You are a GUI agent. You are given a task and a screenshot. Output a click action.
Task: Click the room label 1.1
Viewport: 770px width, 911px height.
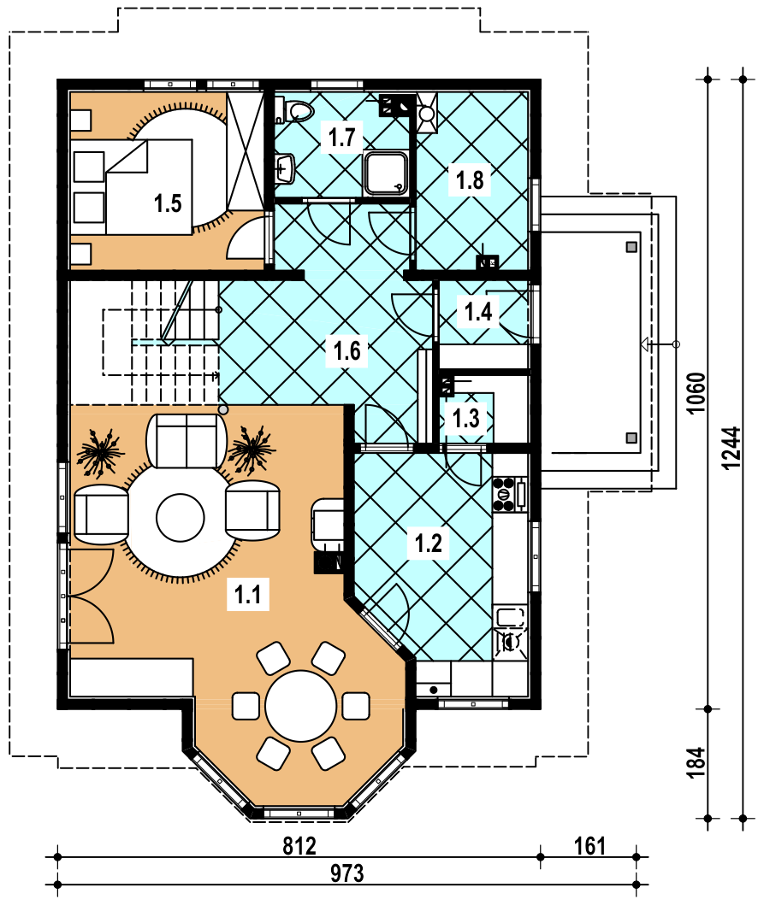coord(248,594)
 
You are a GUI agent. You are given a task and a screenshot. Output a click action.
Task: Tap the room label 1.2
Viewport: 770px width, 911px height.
coord(428,544)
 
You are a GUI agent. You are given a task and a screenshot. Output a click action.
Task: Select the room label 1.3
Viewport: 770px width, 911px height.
coord(465,418)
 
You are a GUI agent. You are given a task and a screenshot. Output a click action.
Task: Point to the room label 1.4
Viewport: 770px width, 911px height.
coord(478,312)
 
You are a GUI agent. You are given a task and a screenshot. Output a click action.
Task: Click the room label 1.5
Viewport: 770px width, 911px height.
coord(168,203)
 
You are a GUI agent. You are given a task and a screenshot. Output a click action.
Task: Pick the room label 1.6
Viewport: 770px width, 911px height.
coord(347,350)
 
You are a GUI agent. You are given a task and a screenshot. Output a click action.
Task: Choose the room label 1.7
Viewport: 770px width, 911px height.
coord(341,138)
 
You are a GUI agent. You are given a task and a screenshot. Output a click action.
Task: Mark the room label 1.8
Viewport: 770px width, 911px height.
coord(470,179)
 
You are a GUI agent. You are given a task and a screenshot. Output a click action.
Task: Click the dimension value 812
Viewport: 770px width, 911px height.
coord(299,846)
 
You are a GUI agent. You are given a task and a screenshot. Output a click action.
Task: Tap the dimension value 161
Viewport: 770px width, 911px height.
coord(589,846)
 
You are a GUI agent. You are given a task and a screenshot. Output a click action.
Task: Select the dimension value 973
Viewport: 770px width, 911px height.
coord(347,873)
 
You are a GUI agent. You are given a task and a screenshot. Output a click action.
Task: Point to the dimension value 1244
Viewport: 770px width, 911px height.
coord(731,448)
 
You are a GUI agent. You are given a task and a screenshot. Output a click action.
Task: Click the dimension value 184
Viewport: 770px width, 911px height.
coord(696,761)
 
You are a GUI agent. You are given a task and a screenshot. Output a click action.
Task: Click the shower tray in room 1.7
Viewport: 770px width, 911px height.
coord(385,172)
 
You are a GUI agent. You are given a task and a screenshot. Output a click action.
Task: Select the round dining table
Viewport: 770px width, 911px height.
coord(300,706)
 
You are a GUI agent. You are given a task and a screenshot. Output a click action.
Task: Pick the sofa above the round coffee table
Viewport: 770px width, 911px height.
coord(187,440)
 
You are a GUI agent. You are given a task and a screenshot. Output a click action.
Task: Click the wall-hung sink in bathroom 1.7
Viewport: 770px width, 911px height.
coord(285,169)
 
